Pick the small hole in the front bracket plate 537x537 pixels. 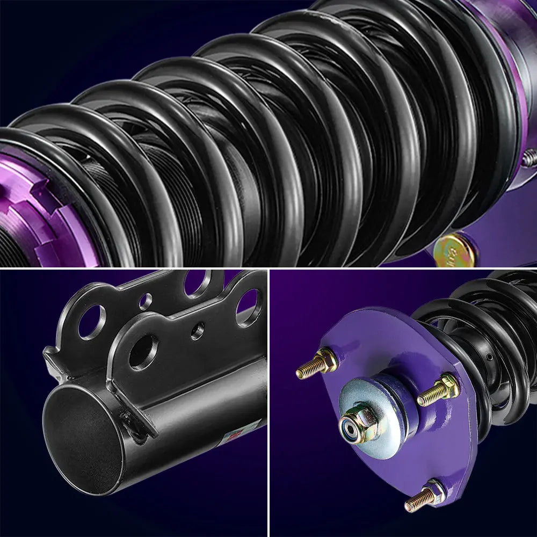[x=197, y=331]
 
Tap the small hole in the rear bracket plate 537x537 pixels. [x=145, y=301]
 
